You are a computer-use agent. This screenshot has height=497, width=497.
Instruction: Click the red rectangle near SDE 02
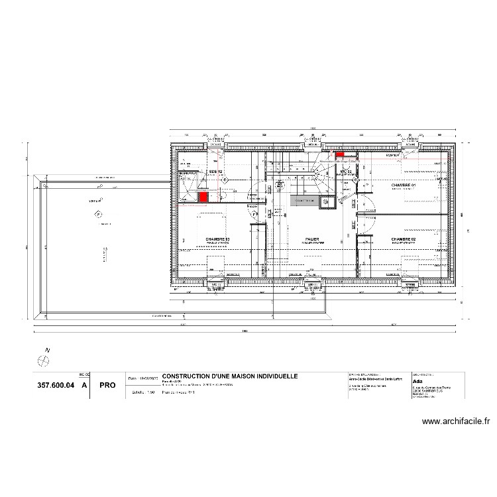[203, 197]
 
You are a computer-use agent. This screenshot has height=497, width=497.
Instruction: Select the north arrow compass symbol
[44, 360]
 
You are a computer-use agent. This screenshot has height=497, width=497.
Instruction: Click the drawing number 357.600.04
[55, 384]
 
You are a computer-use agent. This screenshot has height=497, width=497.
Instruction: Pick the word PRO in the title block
[107, 384]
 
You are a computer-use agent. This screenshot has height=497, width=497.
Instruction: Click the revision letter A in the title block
[83, 384]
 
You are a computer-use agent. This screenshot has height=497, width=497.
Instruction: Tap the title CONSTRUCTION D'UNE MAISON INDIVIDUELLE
[230, 376]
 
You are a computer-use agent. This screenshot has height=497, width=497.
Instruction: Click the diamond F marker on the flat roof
[99, 215]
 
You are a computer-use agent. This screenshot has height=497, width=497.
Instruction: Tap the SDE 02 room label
[215, 172]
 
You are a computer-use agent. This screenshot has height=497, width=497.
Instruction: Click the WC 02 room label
[345, 172]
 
